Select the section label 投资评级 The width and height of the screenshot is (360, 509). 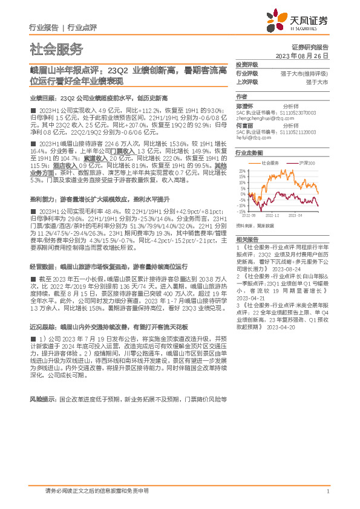[x=247, y=63]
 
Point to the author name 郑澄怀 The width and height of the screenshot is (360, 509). [x=244, y=105]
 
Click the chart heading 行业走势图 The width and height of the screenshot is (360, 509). [x=249, y=154]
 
